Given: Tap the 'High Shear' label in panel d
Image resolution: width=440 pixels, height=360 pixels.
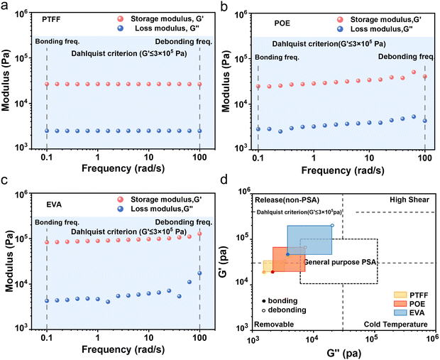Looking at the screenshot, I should coord(407,200).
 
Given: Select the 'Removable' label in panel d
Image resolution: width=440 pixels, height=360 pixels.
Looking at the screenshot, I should coord(273,324).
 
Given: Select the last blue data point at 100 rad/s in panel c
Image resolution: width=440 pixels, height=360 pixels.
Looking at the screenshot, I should coord(199,273).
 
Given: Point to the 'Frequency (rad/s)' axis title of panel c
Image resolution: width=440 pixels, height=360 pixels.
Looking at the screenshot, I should coord(123,350).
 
